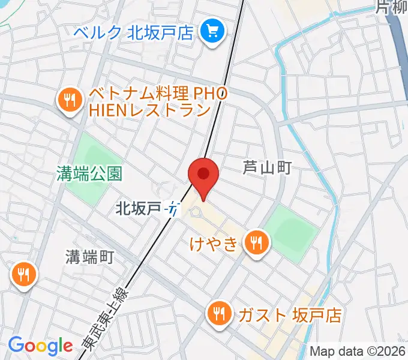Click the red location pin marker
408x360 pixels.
203,175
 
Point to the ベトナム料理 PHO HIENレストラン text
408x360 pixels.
150,102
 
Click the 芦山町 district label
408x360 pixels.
267,167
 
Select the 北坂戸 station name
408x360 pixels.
138,208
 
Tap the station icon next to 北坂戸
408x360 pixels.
175,209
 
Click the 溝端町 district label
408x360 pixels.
89,257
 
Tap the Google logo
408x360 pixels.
40,346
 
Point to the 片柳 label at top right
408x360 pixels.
391,7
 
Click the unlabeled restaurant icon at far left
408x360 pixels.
24,274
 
